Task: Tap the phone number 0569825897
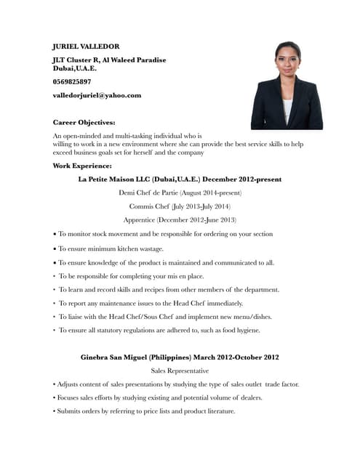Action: pyautogui.click(x=72, y=81)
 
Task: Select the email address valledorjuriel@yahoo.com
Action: pyautogui.click(x=97, y=95)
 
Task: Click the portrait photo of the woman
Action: pyautogui.click(x=287, y=86)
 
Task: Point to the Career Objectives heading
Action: pyautogui.click(x=84, y=122)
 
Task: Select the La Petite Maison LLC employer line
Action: pyautogui.click(x=180, y=179)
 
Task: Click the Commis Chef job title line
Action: pyautogui.click(x=180, y=206)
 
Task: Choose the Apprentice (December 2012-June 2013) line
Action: pyautogui.click(x=180, y=220)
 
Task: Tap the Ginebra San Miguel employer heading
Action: pyautogui.click(x=180, y=357)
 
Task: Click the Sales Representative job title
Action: pyautogui.click(x=180, y=371)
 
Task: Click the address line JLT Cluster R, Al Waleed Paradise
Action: pyautogui.click(x=110, y=60)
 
